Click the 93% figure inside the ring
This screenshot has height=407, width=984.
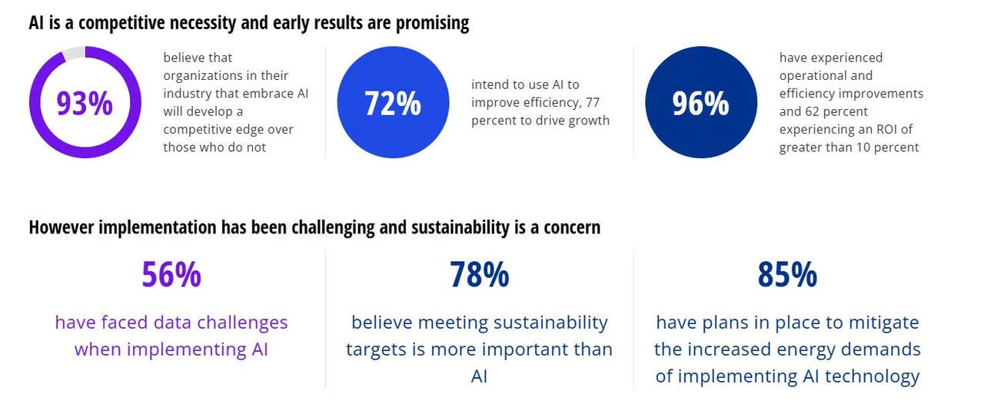(x=85, y=103)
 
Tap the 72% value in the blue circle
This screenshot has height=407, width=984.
(x=393, y=103)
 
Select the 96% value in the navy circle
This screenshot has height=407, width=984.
(x=700, y=103)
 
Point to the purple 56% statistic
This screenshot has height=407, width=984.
(x=171, y=274)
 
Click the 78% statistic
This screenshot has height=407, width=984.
(x=479, y=274)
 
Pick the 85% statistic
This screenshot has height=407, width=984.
(x=787, y=274)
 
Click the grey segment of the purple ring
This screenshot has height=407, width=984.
(x=73, y=53)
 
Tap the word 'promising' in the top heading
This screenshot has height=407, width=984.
(x=432, y=23)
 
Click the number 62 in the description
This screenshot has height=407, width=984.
(x=814, y=111)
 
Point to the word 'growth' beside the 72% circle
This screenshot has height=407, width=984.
(x=587, y=121)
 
